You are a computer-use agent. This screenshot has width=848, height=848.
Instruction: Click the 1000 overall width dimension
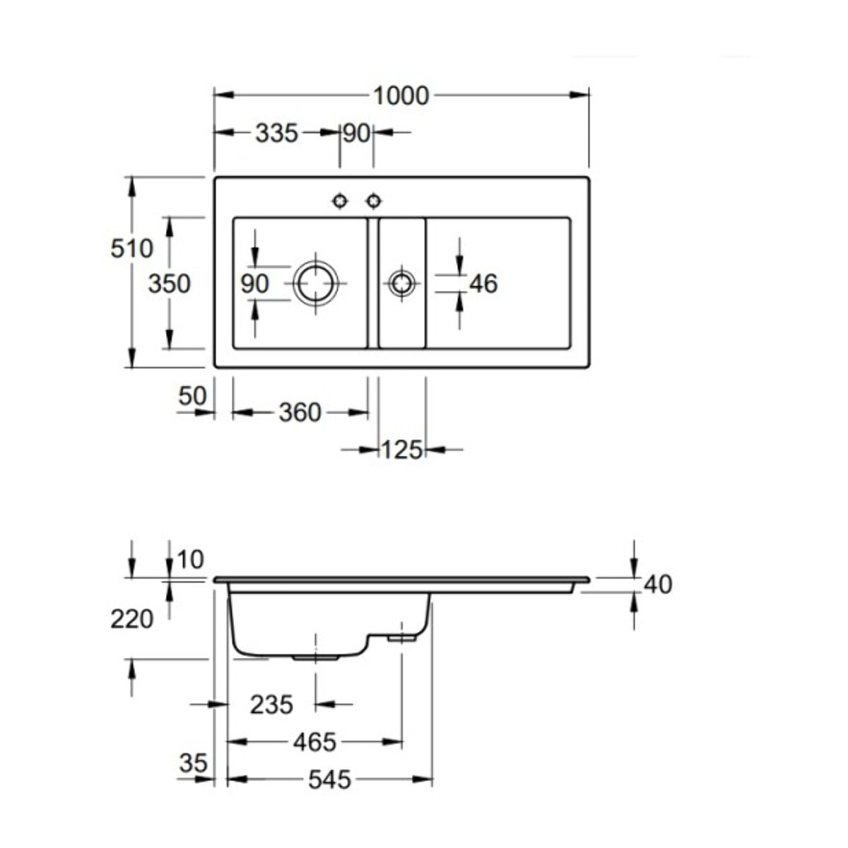coord(401,95)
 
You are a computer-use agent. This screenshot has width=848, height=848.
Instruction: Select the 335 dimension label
coord(276,132)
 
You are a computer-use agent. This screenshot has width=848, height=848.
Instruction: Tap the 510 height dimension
coord(131,248)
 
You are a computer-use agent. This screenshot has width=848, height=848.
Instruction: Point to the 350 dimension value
coord(169,283)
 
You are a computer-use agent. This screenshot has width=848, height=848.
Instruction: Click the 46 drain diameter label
coord(483,283)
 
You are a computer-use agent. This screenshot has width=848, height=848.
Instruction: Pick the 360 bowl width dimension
coord(300,412)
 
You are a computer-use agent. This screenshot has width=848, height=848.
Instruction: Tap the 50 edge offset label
coord(192,396)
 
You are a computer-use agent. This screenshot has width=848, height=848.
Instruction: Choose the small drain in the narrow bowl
coord(401,283)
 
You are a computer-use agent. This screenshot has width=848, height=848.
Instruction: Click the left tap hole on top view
coord(341,201)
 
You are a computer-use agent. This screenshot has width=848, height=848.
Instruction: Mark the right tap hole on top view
coord(374,201)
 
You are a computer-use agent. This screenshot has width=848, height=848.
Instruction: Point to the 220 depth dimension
coord(131,619)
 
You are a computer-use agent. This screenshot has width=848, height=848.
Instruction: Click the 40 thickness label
coord(658,584)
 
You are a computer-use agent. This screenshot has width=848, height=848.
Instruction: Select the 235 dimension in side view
coord(271,704)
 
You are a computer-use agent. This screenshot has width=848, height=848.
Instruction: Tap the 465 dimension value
coord(314,742)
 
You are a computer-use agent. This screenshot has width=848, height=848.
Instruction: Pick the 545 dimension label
coord(329,779)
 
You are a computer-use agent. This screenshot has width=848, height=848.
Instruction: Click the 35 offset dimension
coord(193,763)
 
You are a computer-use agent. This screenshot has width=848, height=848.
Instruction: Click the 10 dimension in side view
coord(190,560)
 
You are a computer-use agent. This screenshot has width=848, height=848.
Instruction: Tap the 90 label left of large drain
coord(254,283)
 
